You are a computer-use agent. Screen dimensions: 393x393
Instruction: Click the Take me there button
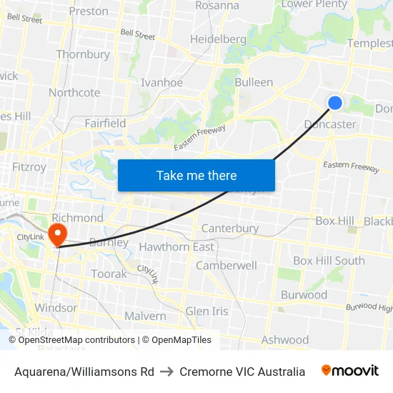tap(196, 175)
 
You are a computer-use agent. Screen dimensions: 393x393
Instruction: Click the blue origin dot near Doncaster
tap(334, 103)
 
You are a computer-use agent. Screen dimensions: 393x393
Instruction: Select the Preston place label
tap(89, 11)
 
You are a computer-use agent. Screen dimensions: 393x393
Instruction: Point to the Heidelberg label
tap(218, 39)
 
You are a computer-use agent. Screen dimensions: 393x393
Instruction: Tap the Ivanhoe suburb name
tap(161, 82)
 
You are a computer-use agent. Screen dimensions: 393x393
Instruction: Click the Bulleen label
tap(254, 82)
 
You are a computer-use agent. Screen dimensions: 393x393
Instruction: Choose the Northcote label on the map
tap(74, 93)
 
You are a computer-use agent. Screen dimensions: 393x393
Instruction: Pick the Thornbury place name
tap(83, 54)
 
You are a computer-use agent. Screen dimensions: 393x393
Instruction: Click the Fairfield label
tap(105, 123)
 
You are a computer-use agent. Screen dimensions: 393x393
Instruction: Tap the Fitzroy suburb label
tap(29, 166)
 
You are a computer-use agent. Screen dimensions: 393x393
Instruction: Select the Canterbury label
tap(230, 229)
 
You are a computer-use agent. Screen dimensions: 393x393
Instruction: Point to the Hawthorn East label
tap(176, 247)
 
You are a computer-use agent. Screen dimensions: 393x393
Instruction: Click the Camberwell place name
tap(227, 265)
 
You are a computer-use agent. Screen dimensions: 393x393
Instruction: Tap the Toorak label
tap(109, 274)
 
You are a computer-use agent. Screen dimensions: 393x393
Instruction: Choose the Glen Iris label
tap(207, 311)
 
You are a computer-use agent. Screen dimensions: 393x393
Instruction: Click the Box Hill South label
tap(329, 261)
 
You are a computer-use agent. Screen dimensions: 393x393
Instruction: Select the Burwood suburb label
tap(304, 294)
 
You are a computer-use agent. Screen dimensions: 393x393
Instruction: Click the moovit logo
tap(350, 371)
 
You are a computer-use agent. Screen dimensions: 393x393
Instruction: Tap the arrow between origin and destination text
tap(166, 372)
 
